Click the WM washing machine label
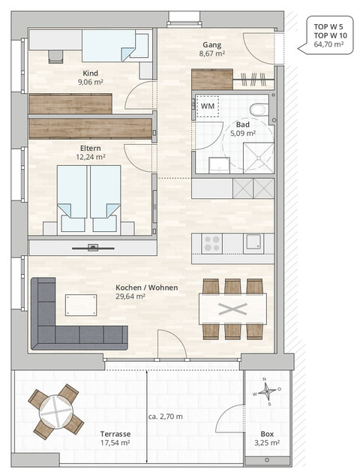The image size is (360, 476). (x=207, y=106)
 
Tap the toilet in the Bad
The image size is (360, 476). (x=258, y=110)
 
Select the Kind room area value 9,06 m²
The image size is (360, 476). (x=89, y=83)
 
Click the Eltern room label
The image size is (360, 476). (x=90, y=148)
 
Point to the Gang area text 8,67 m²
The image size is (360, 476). (x=212, y=54)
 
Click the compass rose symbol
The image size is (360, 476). (x=266, y=391)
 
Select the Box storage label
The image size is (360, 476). (x=266, y=433)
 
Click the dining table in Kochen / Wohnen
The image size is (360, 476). (x=232, y=309)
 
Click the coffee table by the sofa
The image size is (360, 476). (x=81, y=305)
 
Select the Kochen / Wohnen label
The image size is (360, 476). (x=141, y=287)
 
